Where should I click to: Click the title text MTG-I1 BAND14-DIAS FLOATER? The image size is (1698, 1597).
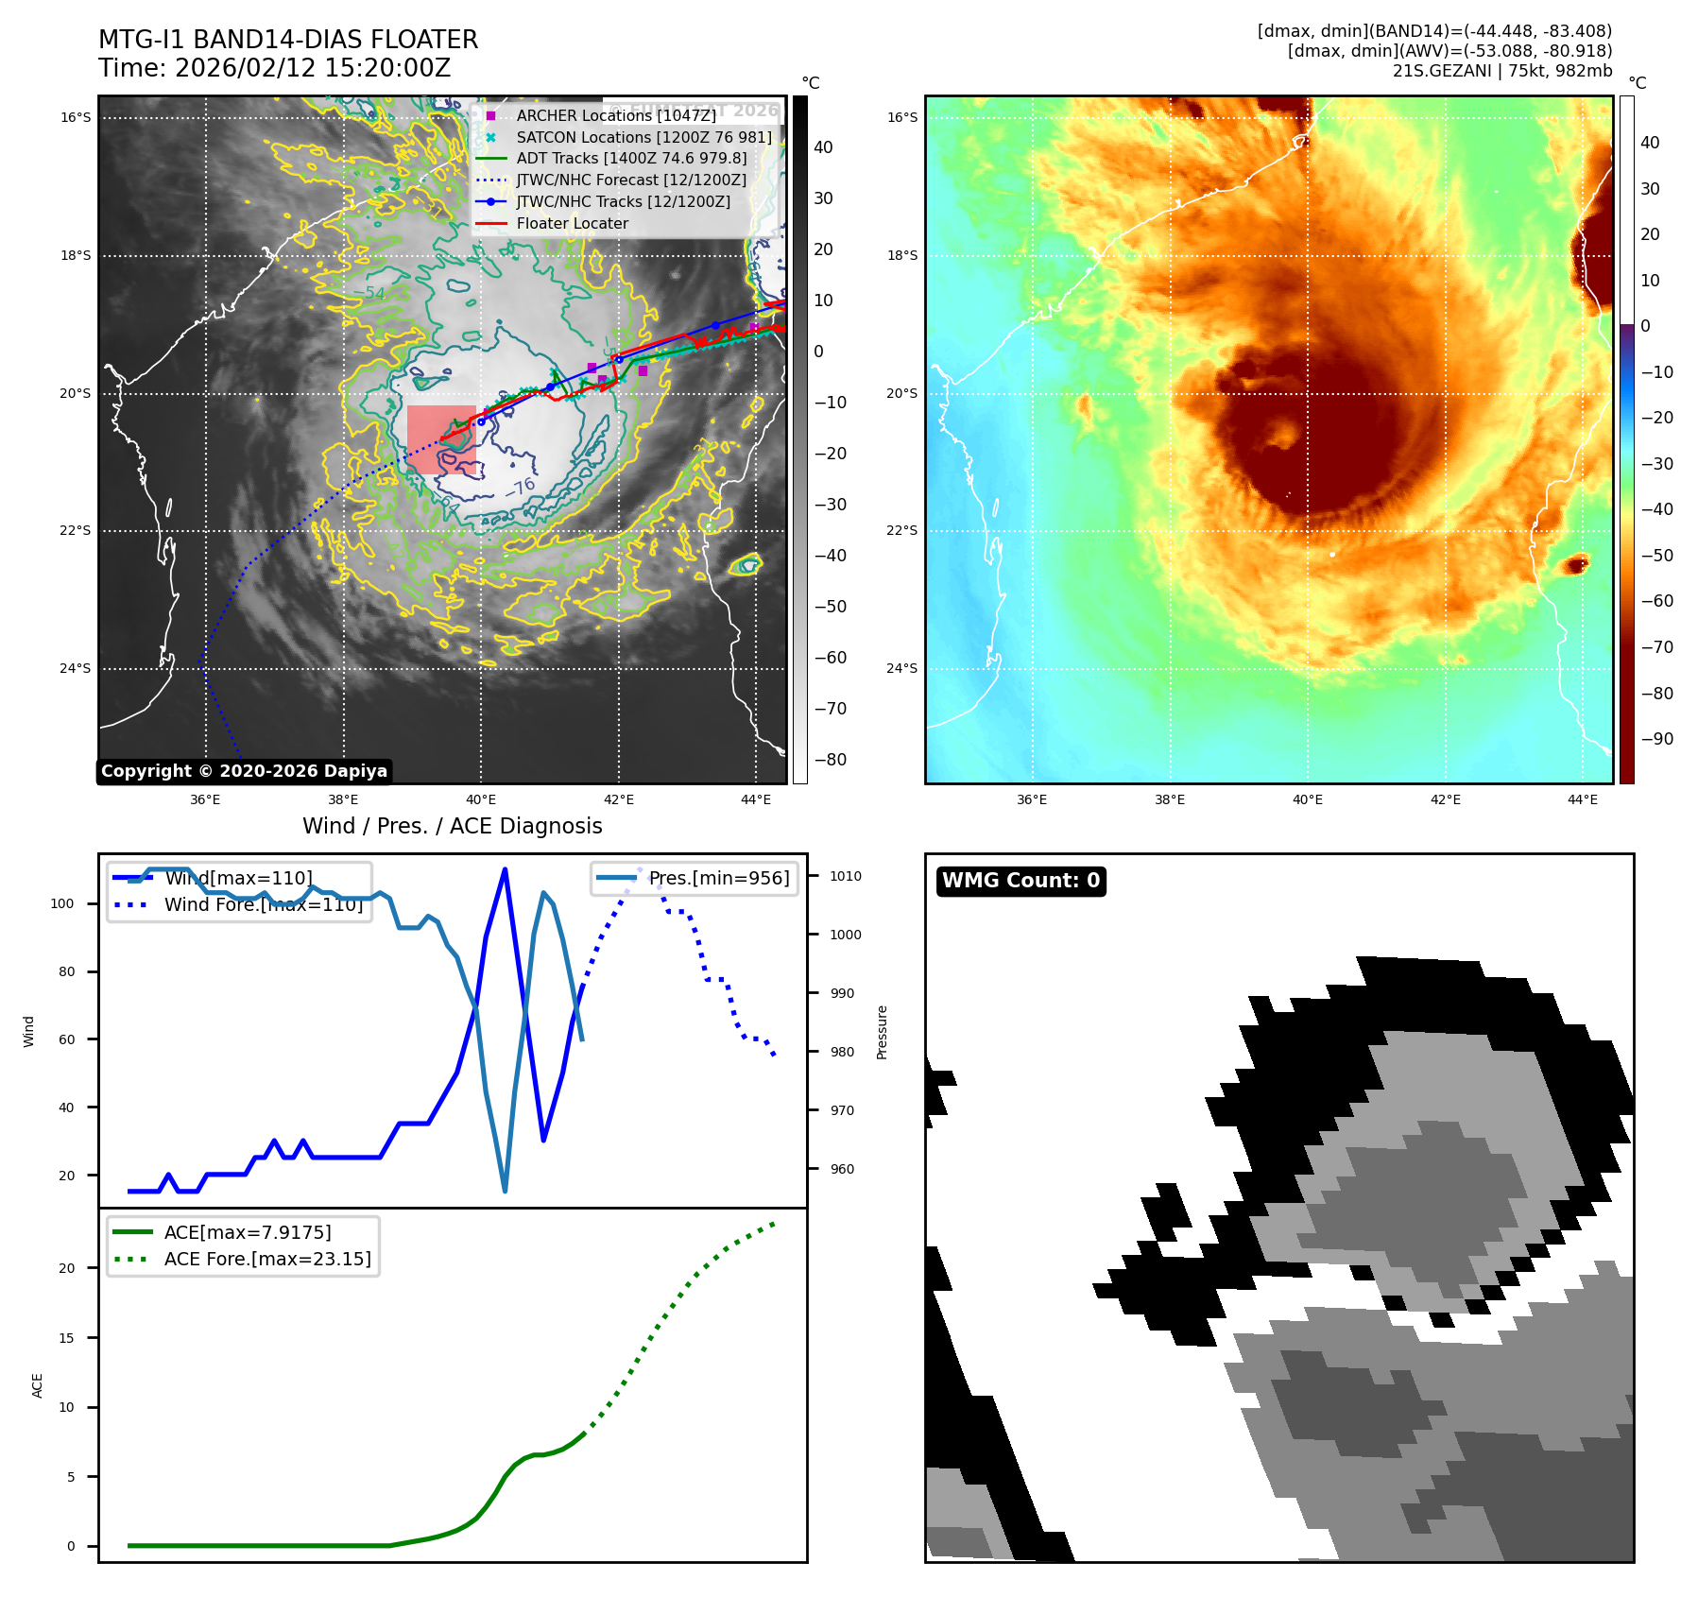(x=288, y=40)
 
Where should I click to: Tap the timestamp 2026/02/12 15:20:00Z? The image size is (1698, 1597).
(x=313, y=69)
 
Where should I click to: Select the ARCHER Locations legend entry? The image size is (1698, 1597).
(x=615, y=115)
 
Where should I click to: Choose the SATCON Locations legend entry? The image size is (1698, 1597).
(x=643, y=137)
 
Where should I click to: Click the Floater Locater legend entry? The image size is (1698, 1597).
(x=572, y=224)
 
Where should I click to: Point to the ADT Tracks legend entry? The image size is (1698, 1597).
(x=631, y=159)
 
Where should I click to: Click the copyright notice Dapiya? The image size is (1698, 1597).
(x=244, y=771)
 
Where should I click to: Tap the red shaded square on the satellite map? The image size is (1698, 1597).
(x=441, y=439)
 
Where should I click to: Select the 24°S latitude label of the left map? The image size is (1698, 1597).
(x=76, y=669)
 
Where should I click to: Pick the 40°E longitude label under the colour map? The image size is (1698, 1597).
(x=1307, y=800)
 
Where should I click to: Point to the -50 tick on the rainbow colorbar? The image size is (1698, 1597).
(x=1656, y=556)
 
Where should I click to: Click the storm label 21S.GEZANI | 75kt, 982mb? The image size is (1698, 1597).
(x=1501, y=71)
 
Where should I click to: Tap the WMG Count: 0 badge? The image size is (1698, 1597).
(x=1021, y=881)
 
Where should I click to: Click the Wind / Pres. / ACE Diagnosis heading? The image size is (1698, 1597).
(x=452, y=827)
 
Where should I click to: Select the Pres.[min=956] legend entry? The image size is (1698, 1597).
(x=718, y=878)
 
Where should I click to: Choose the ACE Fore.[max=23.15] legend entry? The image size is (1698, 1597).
(x=267, y=1259)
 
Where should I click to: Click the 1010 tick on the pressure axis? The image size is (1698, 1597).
(x=845, y=876)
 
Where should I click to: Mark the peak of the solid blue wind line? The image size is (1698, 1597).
(x=505, y=869)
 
